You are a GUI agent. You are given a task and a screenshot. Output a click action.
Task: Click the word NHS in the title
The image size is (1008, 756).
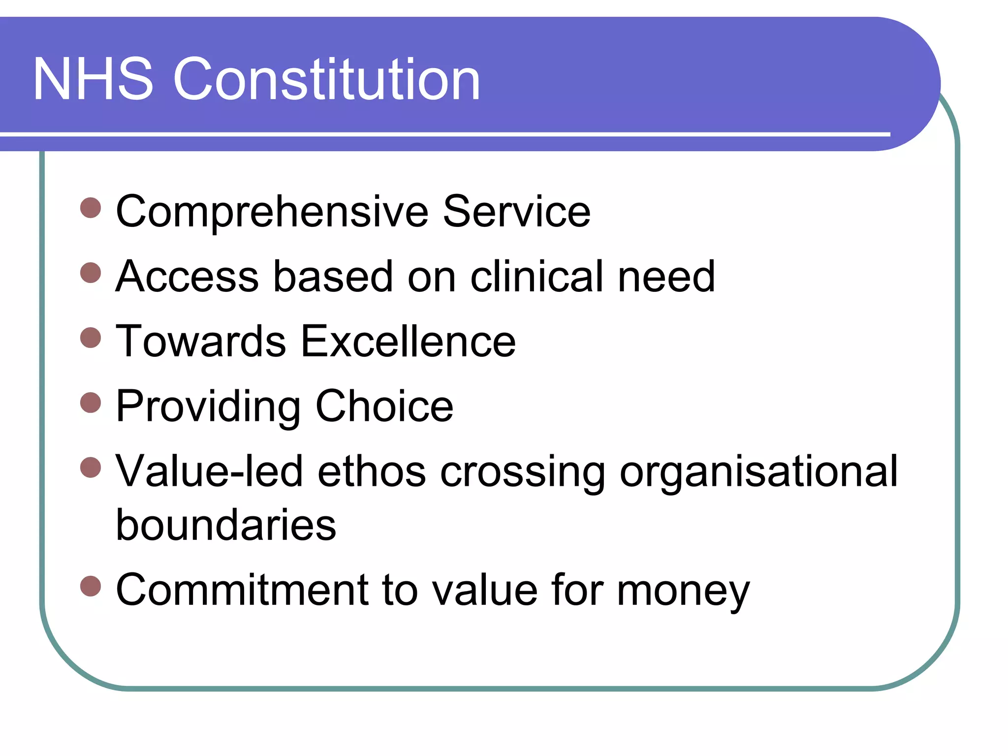coord(93,80)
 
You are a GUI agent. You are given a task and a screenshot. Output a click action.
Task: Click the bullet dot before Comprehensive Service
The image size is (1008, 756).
coord(91,208)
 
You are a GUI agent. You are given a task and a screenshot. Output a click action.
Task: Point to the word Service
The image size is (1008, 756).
coord(516,212)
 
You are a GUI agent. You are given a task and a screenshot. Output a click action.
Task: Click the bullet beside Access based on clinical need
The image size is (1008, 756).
coord(91,273)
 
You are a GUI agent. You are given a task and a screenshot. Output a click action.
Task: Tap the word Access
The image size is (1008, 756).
coord(187,277)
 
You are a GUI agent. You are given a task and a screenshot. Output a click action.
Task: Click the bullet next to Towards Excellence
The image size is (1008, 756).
coord(91,338)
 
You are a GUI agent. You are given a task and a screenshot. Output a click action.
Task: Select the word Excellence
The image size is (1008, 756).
coord(408,342)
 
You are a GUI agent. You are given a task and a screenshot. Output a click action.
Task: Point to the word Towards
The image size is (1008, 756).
coord(201,342)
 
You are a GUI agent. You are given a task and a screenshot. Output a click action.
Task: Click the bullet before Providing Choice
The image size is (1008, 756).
coord(91,403)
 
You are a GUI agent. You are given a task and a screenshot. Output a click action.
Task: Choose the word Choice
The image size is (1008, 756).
coord(384,407)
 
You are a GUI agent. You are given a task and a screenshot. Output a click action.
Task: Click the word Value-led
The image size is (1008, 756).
coord(209,472)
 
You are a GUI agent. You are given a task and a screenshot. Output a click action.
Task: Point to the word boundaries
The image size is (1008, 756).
coord(226,525)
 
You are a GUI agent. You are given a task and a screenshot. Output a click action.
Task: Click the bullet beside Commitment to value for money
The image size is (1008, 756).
coord(91,586)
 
